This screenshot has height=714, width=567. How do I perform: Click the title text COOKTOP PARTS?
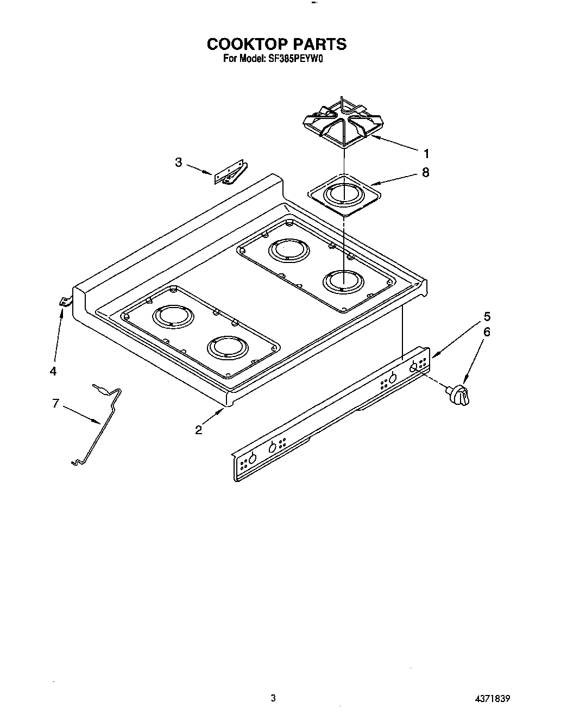coord(276,43)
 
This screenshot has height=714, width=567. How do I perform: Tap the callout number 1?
coord(427,153)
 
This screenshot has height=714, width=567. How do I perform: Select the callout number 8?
coord(425,172)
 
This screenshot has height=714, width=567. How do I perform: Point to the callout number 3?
coord(179,162)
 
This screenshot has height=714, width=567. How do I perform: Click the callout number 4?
coord(53,371)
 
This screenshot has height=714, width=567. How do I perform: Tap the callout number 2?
coord(199,430)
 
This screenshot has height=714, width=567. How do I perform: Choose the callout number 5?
coord(487,316)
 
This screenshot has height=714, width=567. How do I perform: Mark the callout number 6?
coord(487,331)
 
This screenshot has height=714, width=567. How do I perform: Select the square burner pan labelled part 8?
coord(343,195)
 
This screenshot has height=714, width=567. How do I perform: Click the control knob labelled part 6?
coord(459,394)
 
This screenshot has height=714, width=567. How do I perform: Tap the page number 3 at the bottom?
coord(274,698)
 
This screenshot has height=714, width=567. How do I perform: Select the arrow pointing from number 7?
coord(81,414)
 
